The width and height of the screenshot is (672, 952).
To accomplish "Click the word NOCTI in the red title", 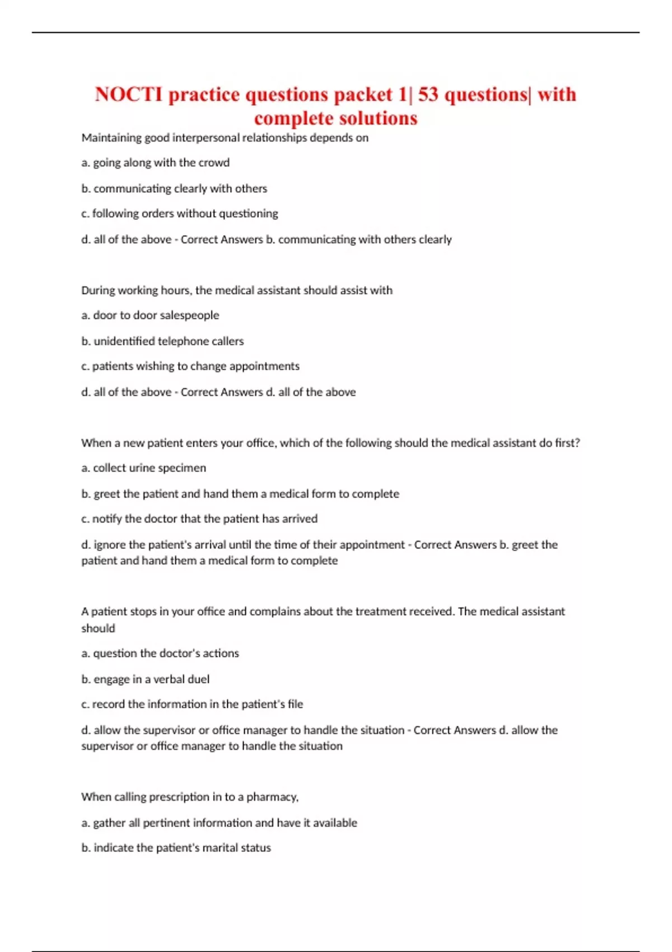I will [x=129, y=94].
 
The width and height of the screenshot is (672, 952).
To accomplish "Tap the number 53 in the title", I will [x=428, y=94].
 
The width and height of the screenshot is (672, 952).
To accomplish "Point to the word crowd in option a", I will [x=214, y=163].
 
